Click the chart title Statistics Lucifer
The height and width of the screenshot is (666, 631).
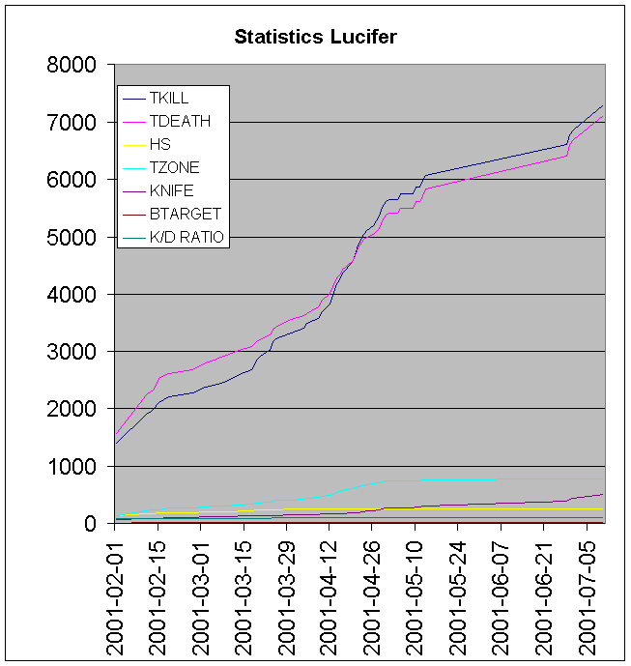[315, 37]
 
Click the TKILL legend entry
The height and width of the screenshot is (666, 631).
[169, 99]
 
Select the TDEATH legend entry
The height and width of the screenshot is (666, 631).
[179, 122]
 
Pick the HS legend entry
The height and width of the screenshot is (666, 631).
[159, 145]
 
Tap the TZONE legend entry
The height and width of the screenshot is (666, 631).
[174, 168]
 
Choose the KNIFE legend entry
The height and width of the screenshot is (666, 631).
[172, 191]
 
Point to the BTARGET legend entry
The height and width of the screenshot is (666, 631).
[185, 215]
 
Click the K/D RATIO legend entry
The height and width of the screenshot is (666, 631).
[188, 238]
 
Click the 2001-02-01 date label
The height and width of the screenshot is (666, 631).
[115, 594]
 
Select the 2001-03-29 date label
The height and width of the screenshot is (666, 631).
[286, 594]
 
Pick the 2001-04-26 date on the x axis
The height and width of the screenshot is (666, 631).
[372, 594]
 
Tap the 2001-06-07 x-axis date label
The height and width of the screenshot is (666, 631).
[501, 594]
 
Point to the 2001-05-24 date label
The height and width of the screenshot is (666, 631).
[458, 594]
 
